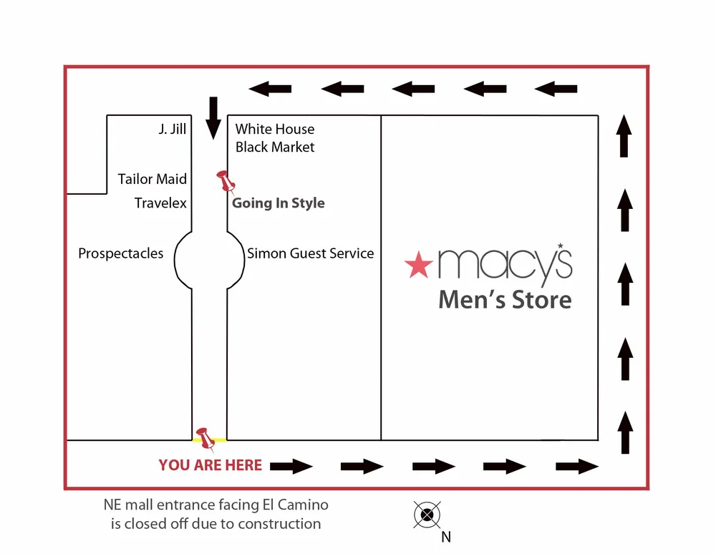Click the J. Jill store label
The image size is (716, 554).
172,130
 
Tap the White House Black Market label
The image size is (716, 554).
275,138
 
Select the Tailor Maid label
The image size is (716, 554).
152,179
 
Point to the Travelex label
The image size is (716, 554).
160,203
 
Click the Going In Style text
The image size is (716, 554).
279,203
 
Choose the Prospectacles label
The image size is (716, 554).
120,253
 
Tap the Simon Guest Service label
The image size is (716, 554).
310,253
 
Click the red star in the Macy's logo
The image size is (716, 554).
418,265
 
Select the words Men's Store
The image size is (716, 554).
505,298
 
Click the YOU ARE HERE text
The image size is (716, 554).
210,465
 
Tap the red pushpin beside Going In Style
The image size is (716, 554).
226,181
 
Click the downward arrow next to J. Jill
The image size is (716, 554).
213,118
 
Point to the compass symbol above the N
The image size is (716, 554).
427,514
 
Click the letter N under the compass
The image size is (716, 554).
446,537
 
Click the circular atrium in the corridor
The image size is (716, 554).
209,259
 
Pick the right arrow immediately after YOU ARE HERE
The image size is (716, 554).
291,467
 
